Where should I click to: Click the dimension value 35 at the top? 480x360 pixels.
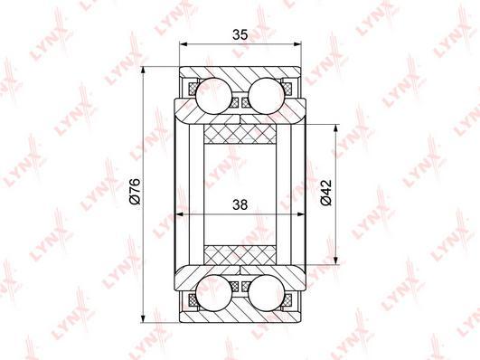tap(240, 35)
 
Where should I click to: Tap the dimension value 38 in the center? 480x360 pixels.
tap(240, 204)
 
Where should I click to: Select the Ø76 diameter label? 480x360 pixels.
tap(135, 191)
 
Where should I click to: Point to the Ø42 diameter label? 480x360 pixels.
tap(326, 193)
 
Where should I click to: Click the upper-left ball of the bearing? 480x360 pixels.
tap(213, 96)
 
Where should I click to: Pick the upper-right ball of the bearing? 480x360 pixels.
tap(267, 96)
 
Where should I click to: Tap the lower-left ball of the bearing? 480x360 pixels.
tap(213, 292)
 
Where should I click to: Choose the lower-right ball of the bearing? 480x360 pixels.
tap(267, 292)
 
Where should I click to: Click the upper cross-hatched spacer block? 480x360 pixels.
tap(240, 134)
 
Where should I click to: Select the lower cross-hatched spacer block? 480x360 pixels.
tap(240, 255)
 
